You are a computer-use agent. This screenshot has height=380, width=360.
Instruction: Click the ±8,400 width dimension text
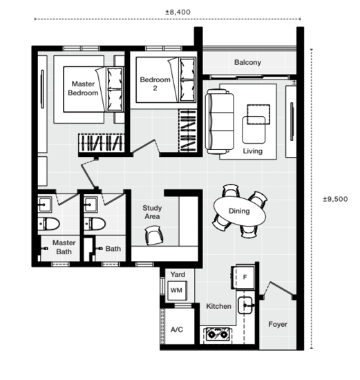178,12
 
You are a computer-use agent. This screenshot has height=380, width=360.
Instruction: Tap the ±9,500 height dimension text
336,198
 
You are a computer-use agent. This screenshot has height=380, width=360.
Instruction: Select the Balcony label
247,63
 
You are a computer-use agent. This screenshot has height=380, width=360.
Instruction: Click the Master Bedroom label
83,88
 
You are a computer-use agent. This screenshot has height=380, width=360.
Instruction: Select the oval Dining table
239,211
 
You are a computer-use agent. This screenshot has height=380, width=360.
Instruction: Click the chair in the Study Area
153,237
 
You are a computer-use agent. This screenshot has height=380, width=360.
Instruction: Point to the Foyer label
278,324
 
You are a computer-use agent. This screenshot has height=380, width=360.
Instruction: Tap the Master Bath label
64,247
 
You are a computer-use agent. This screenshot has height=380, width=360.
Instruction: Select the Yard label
177,274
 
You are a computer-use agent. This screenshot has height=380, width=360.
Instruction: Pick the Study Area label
152,212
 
